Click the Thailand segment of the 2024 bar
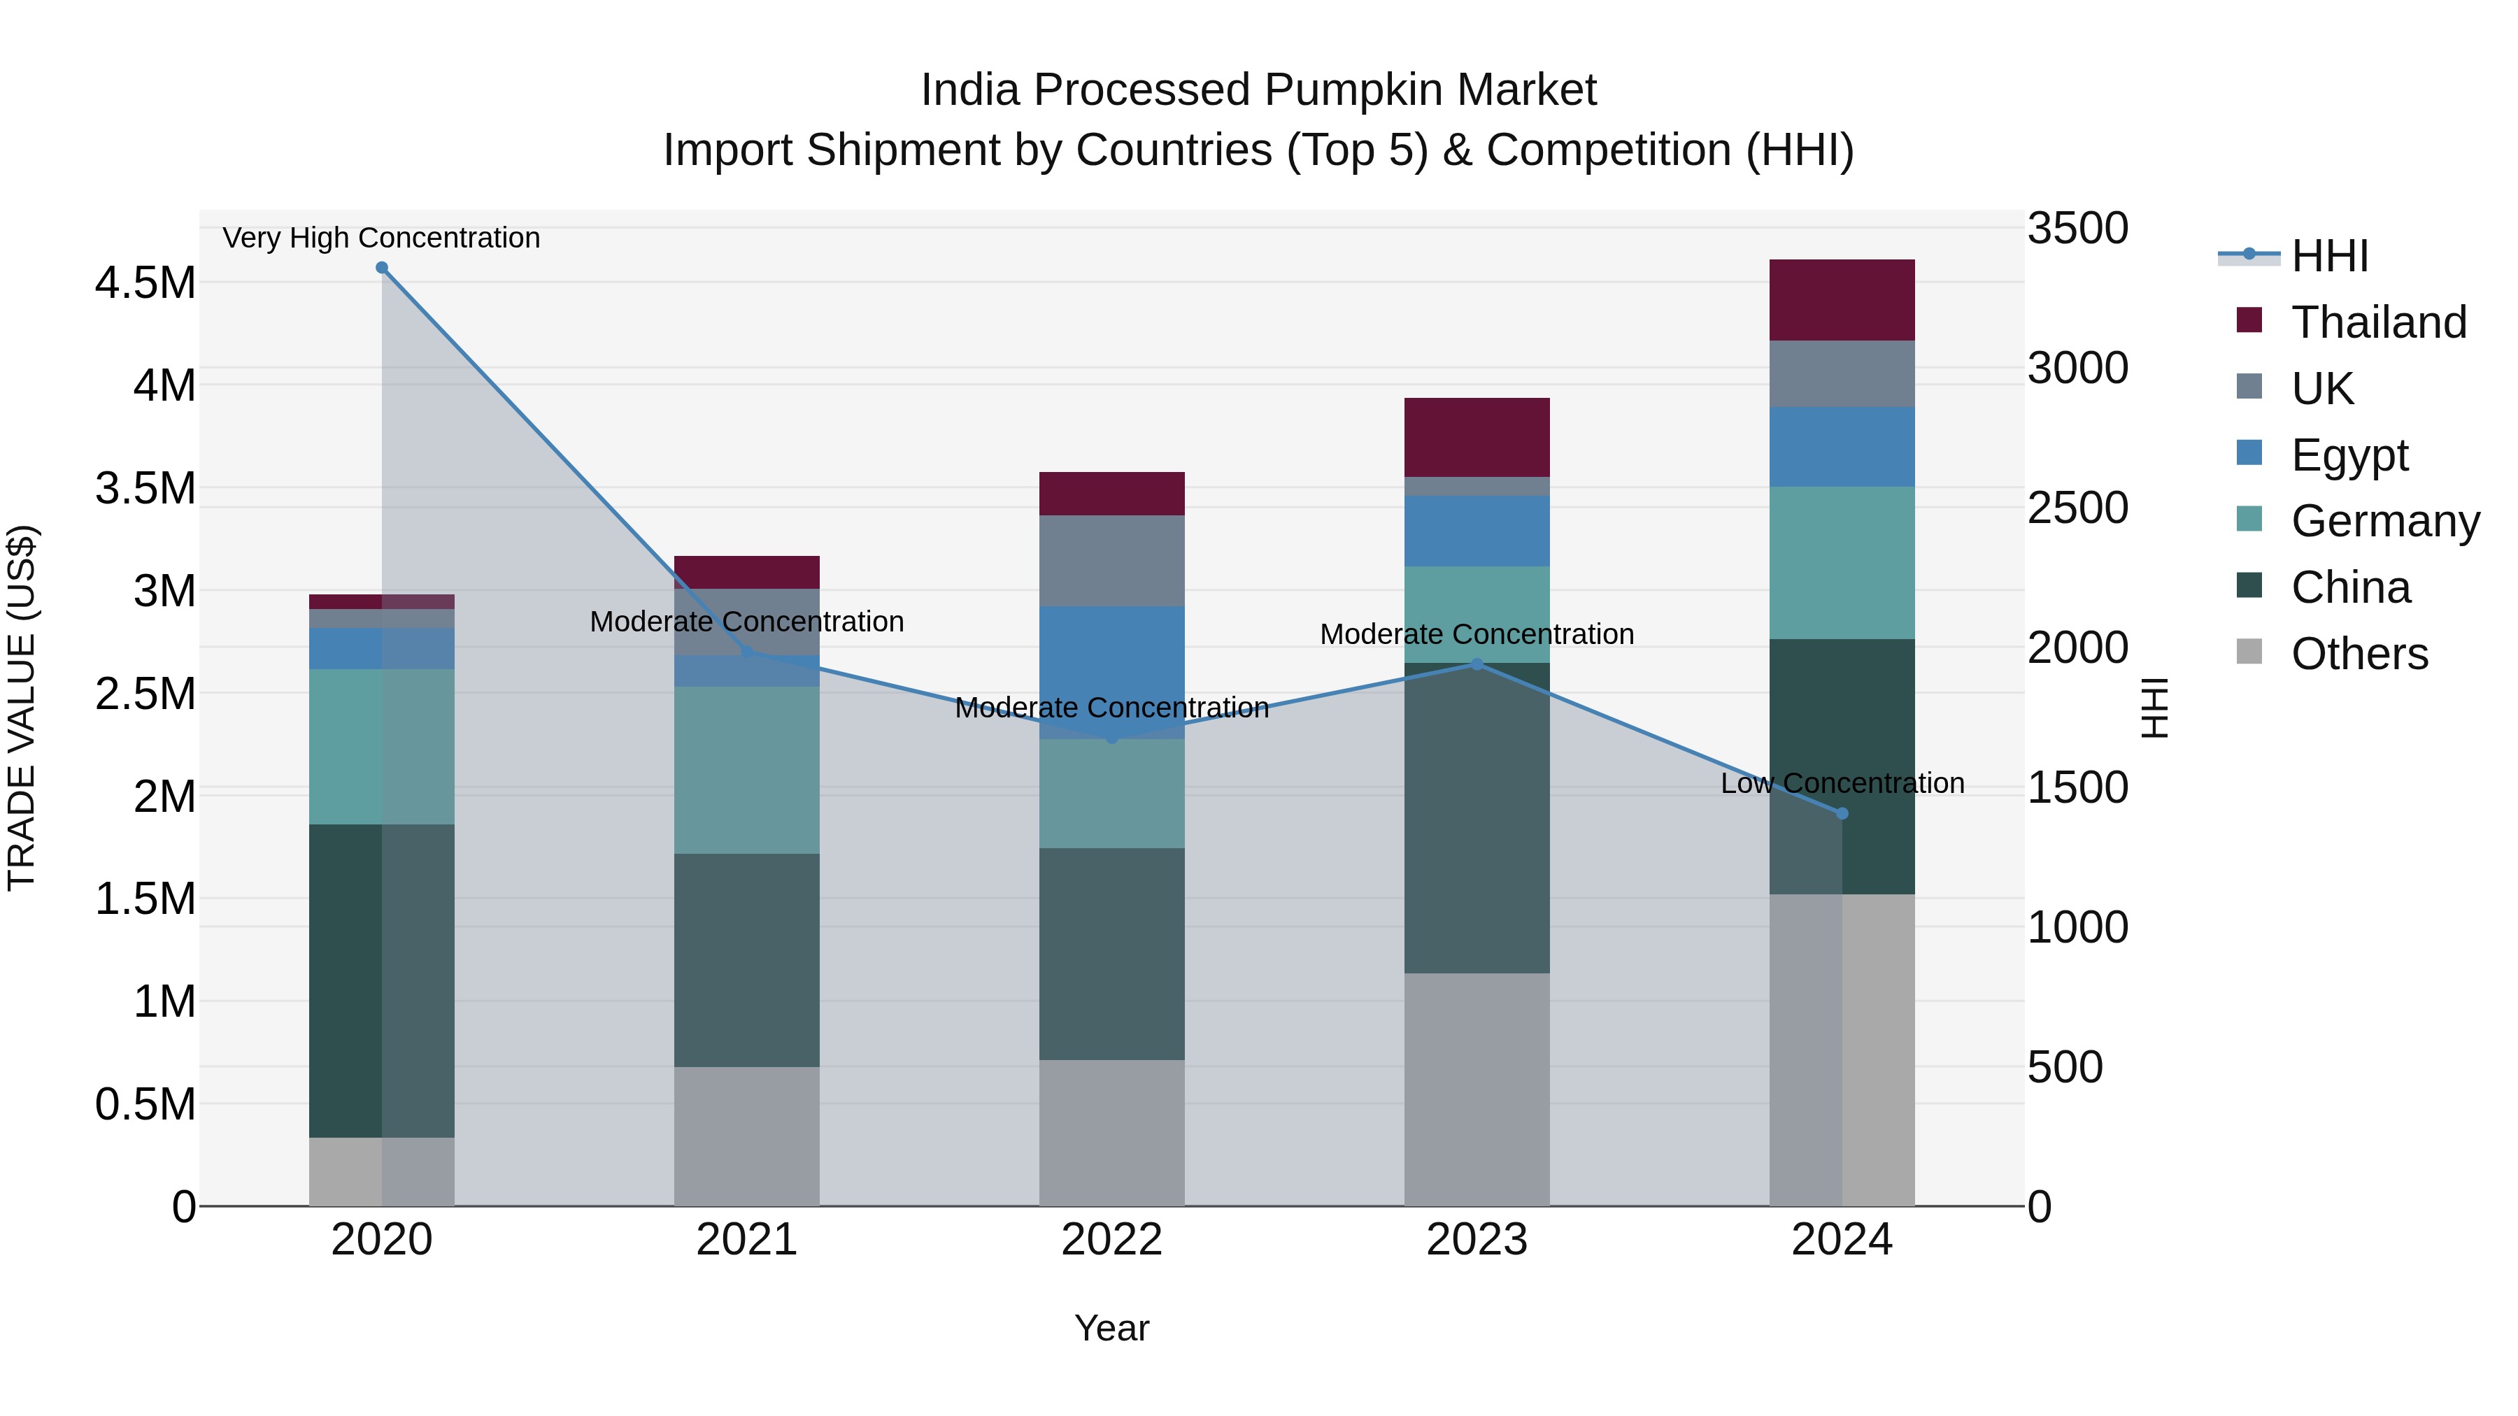point(1842,300)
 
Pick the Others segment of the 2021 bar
point(747,1136)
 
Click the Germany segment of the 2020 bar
point(381,747)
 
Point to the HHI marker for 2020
point(382,268)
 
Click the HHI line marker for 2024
point(1842,813)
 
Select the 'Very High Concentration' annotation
point(381,238)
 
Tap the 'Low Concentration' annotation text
point(1842,782)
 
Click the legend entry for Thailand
point(2378,322)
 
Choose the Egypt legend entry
point(2349,455)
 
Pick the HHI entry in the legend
point(2329,256)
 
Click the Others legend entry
point(2359,654)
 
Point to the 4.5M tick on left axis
point(145,283)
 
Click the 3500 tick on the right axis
point(2077,229)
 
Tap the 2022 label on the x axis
point(1111,1240)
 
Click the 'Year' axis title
point(1111,1328)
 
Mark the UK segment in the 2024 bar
point(1842,373)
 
